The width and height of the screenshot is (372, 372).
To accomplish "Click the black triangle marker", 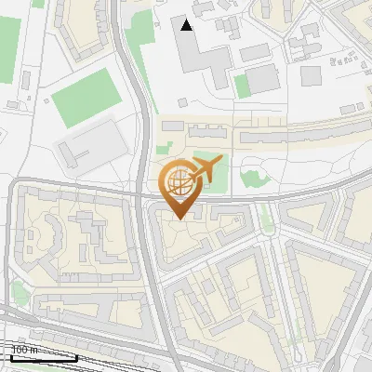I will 187,25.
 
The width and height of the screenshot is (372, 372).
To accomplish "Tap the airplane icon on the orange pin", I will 205,170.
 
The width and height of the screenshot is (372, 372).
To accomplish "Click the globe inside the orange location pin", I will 178,186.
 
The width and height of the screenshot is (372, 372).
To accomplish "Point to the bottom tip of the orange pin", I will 178,219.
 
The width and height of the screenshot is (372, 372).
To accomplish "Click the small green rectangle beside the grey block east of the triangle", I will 242,86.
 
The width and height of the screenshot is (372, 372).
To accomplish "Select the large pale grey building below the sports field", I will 90,141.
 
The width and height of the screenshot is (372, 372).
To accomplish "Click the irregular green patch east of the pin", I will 252,178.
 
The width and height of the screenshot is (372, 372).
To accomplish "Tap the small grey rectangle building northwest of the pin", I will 174,126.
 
